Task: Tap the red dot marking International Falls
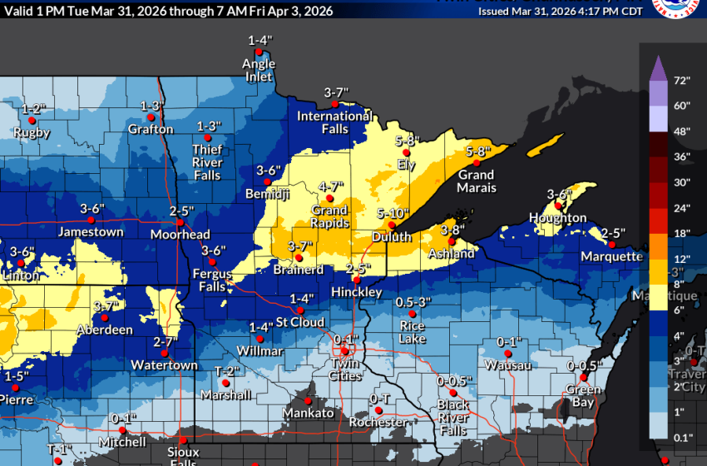335,104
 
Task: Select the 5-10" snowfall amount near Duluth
393,214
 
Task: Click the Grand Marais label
476,181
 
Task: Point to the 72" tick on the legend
683,81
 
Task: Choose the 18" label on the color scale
683,234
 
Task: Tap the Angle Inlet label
259,70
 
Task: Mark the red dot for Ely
406,154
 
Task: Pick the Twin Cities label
345,369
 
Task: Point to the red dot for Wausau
508,354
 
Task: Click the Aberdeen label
106,330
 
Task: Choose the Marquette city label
612,256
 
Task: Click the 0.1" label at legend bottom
683,437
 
